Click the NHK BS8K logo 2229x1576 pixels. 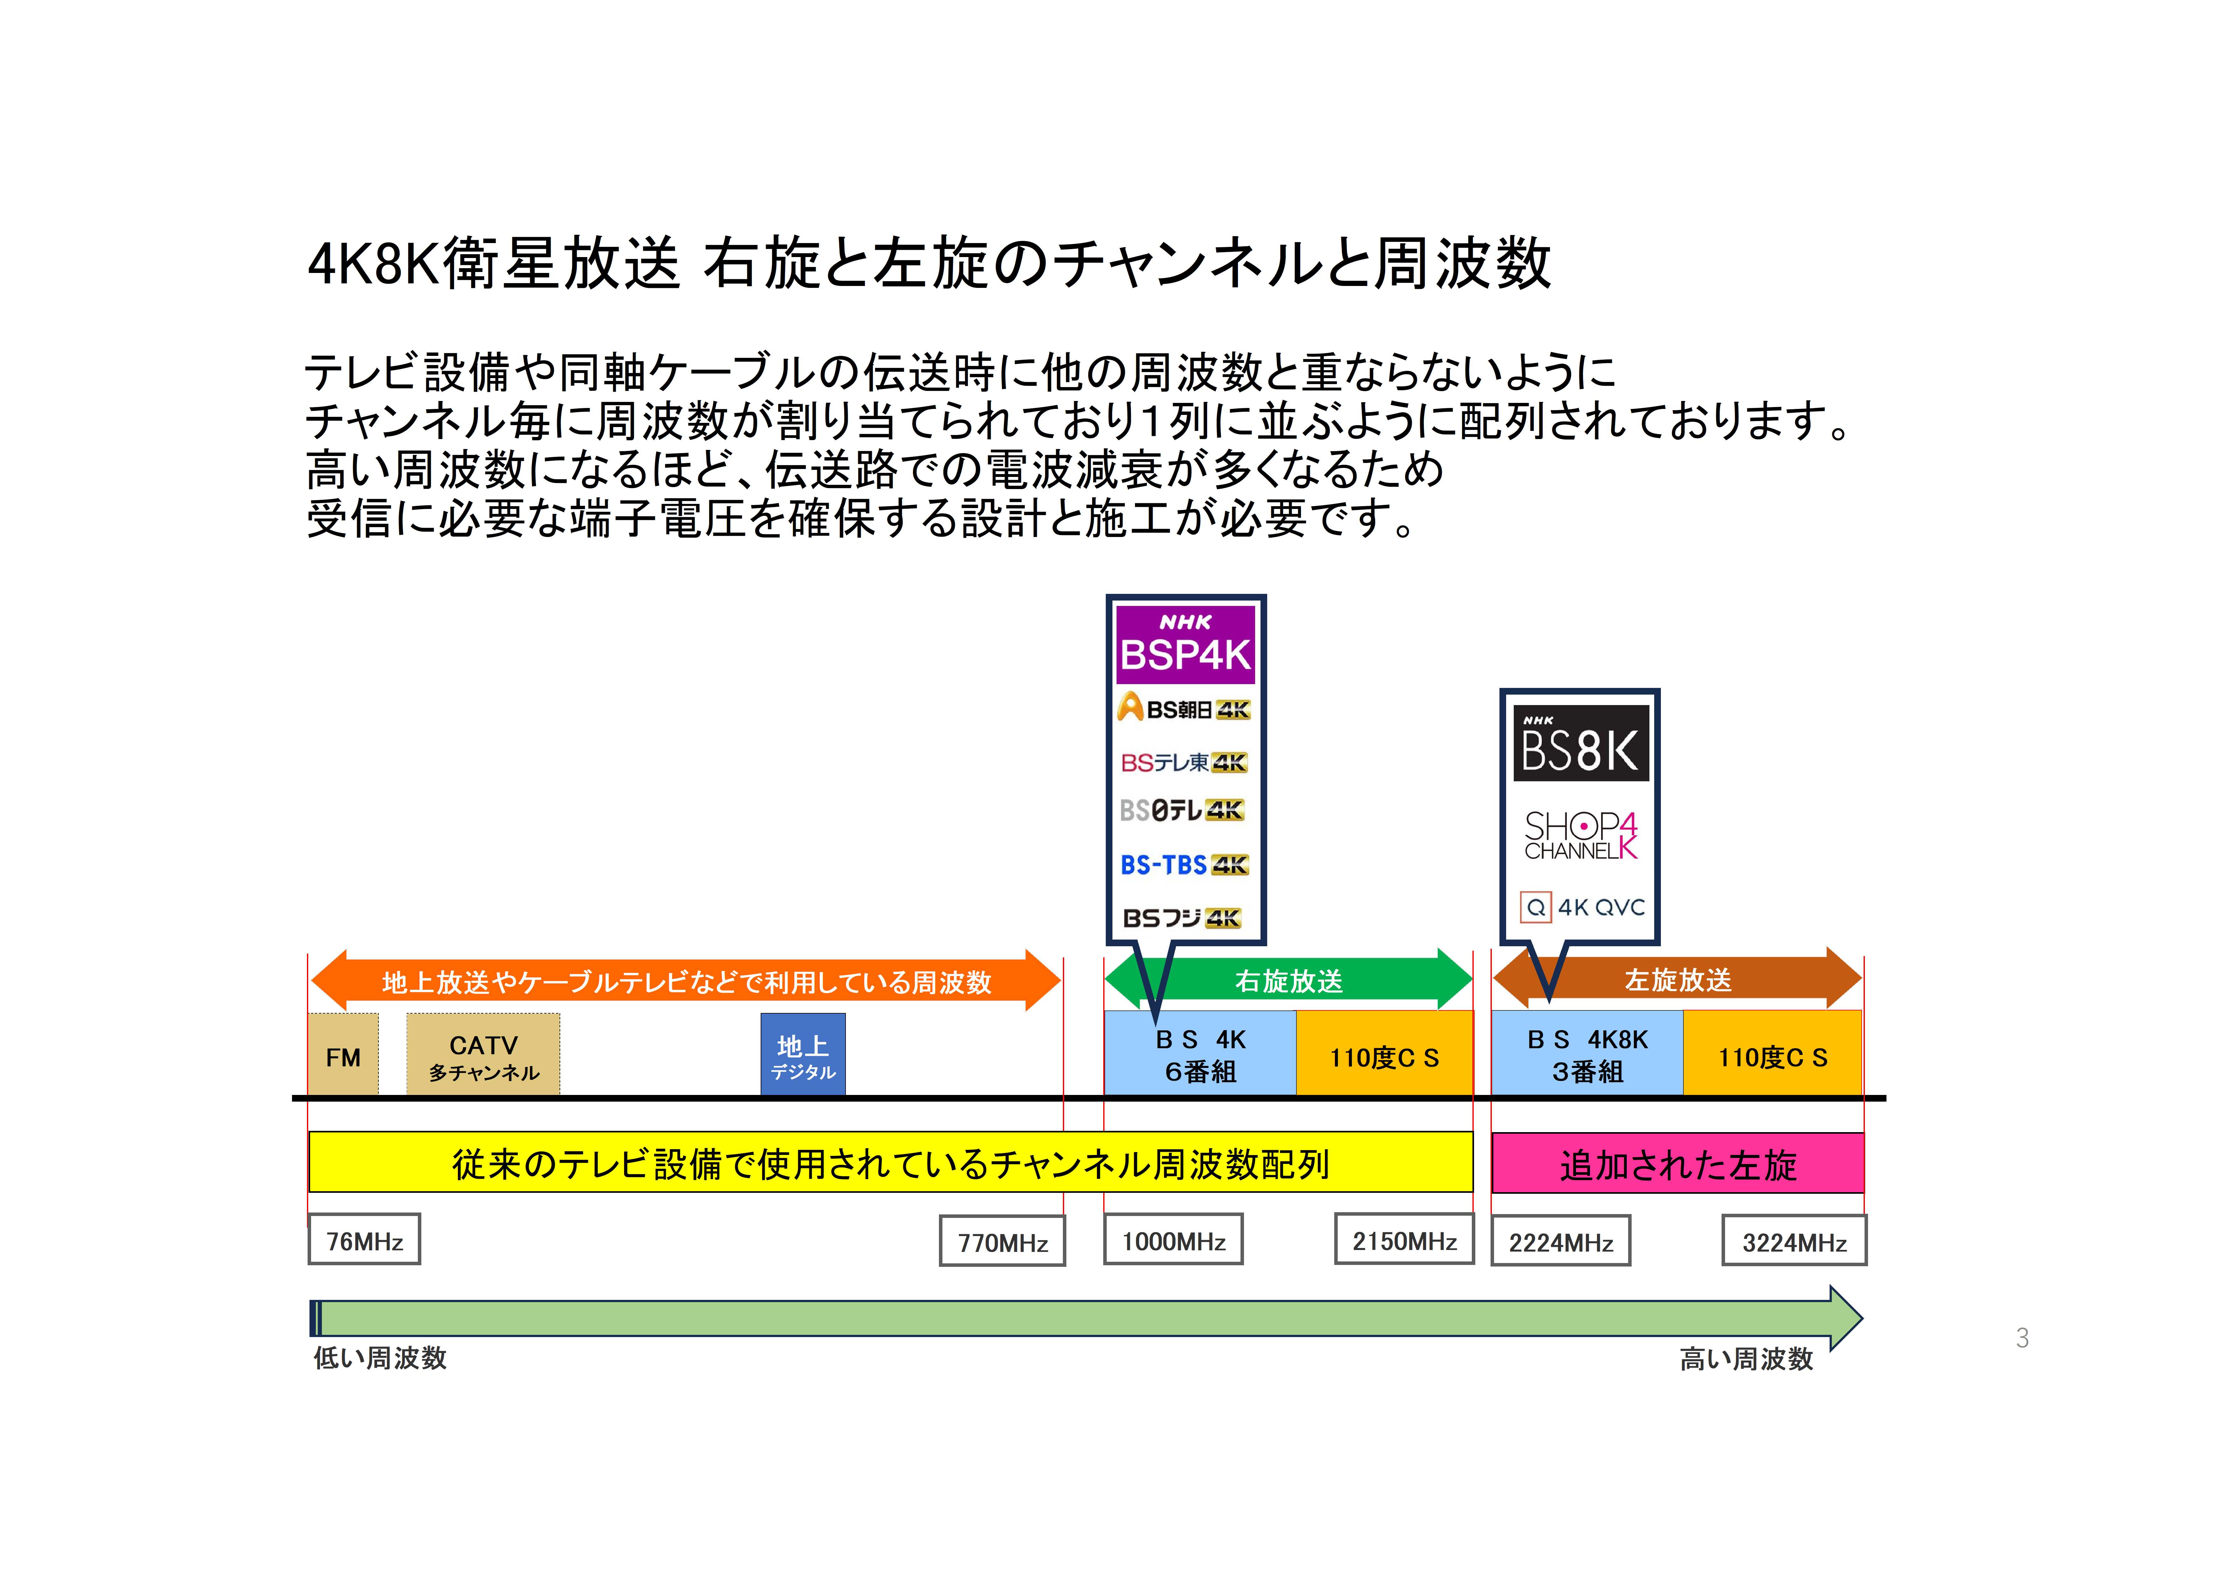[1580, 743]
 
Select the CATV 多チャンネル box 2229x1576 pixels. [484, 1055]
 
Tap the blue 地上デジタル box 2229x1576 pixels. [803, 1055]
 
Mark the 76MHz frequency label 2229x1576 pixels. [364, 1240]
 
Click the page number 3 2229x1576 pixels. [2022, 1338]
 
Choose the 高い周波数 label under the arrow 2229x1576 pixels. [1747, 1358]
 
